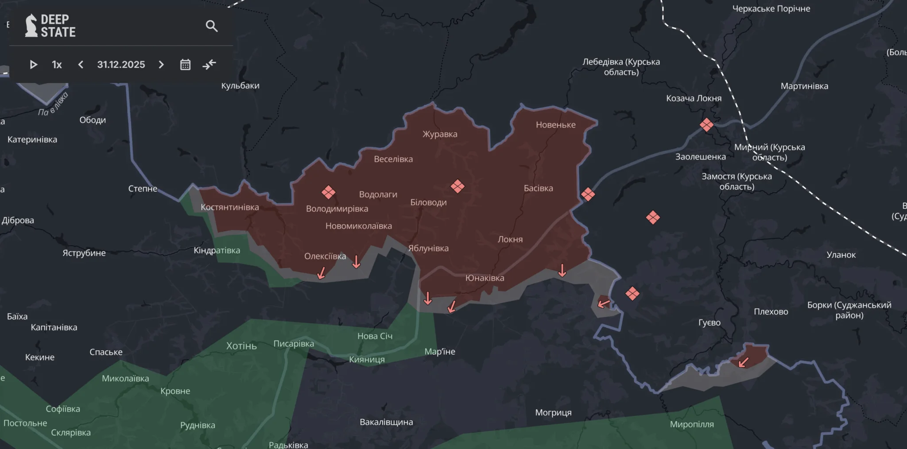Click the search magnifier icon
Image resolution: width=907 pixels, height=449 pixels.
[x=212, y=26]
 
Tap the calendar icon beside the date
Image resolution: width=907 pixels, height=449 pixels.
[x=185, y=65]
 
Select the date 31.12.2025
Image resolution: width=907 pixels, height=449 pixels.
[x=121, y=65]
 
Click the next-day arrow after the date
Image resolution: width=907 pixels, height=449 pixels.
[x=161, y=65]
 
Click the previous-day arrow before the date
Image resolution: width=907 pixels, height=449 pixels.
[x=81, y=65]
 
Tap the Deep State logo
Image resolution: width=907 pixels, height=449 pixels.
[x=50, y=26]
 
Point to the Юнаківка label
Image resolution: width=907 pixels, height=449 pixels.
[x=485, y=278]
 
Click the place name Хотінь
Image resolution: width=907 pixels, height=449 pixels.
[x=241, y=346]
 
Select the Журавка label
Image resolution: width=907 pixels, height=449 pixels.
[x=440, y=134]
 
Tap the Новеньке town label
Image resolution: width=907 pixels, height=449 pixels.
[x=555, y=125]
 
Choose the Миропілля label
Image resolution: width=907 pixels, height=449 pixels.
[x=692, y=424]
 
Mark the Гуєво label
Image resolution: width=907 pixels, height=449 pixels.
[x=709, y=322]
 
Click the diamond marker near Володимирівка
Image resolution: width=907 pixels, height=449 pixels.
[x=328, y=192]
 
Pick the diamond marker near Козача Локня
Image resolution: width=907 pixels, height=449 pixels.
[x=706, y=125]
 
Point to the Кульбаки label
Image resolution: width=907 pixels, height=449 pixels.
[x=240, y=86]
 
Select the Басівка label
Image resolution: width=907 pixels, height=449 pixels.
[x=538, y=188]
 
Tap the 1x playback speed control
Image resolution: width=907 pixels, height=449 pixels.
[x=57, y=65]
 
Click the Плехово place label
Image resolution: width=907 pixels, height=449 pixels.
[x=771, y=311]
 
